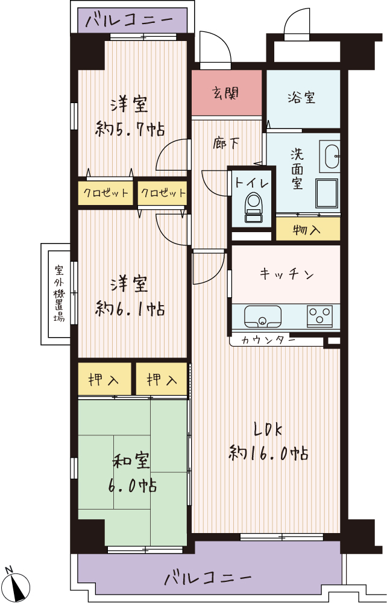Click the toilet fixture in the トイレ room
click(x=253, y=207)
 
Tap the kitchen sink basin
click(x=263, y=316)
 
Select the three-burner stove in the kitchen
click(x=319, y=316)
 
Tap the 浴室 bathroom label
click(x=301, y=97)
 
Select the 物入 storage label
click(x=306, y=230)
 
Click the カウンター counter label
click(x=268, y=340)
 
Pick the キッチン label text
click(x=287, y=274)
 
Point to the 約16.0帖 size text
click(x=268, y=453)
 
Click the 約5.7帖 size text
click(x=130, y=129)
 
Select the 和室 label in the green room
click(x=131, y=461)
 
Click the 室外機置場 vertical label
click(x=59, y=293)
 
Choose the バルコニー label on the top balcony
click(x=129, y=19)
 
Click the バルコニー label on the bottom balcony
click(x=208, y=577)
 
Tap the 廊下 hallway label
click(x=227, y=144)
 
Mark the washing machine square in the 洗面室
click(x=327, y=194)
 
